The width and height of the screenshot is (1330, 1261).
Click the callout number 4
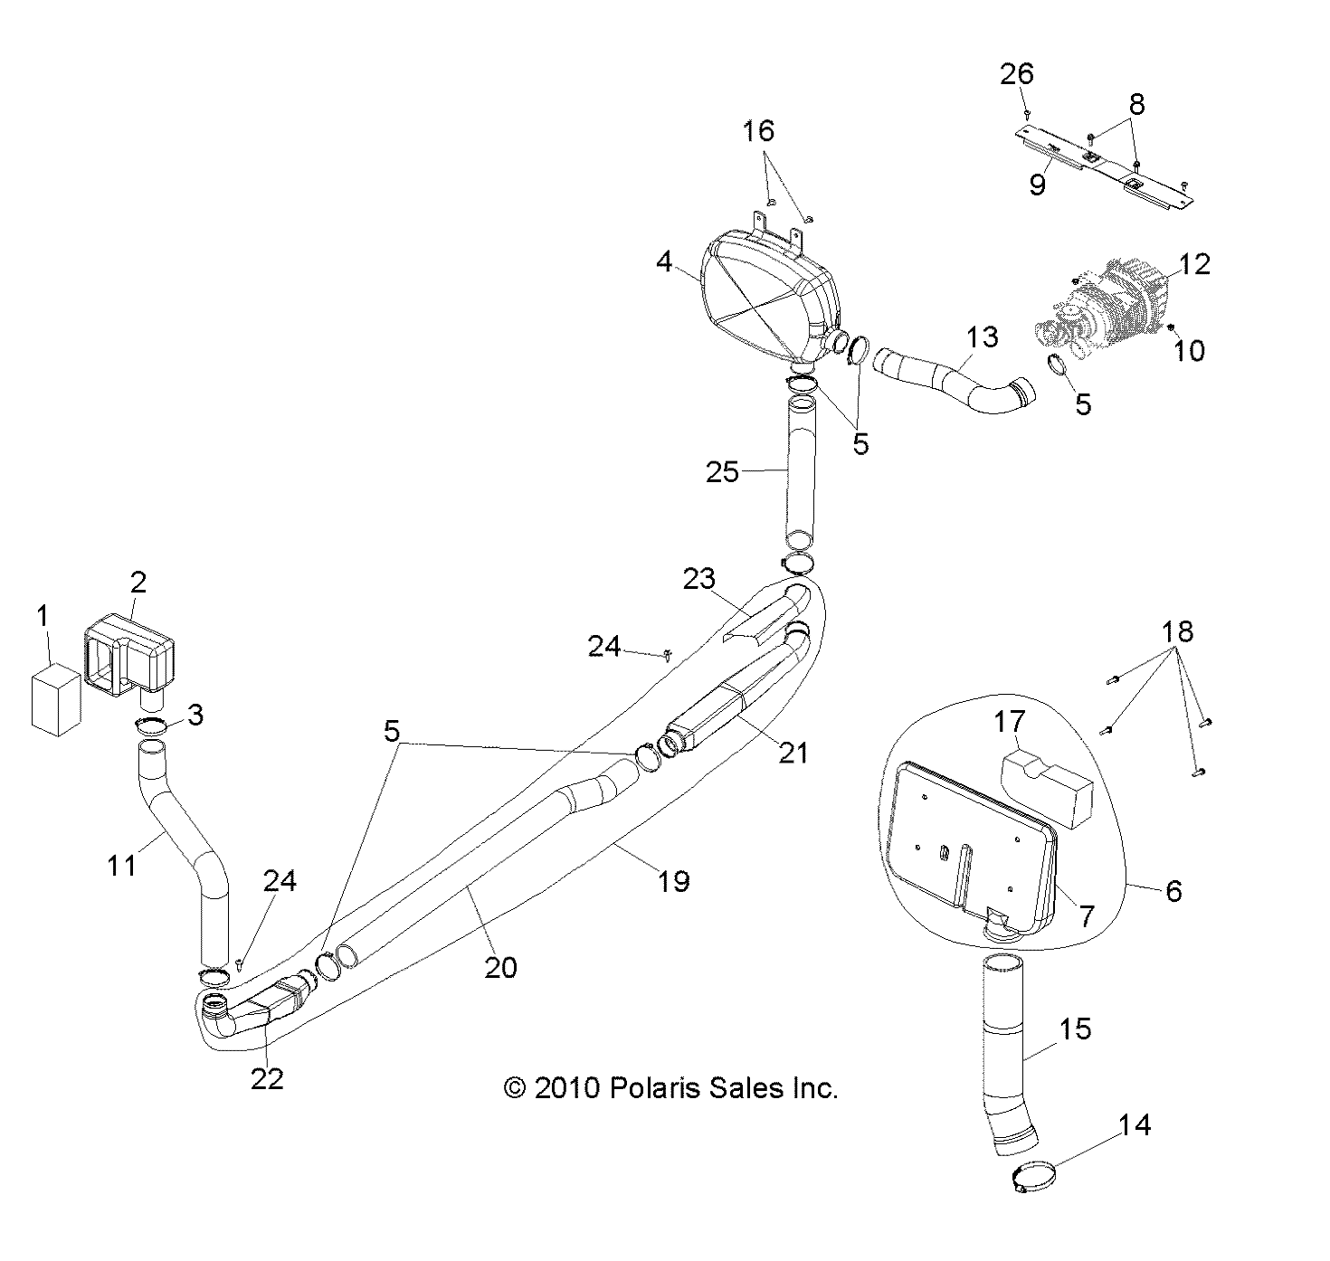click(x=664, y=263)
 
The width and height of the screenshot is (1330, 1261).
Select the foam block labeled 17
click(x=1046, y=782)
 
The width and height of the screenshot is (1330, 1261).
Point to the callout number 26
click(x=1016, y=73)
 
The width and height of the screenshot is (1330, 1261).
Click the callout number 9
click(x=1037, y=184)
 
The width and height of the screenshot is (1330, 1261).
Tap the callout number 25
click(x=722, y=471)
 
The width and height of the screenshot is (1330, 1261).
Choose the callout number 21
click(x=793, y=752)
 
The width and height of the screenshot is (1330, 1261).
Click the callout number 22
click(x=268, y=1078)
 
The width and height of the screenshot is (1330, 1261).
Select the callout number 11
click(x=121, y=865)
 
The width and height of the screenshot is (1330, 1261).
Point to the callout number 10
click(x=1190, y=350)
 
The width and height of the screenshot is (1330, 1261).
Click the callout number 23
click(x=698, y=578)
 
